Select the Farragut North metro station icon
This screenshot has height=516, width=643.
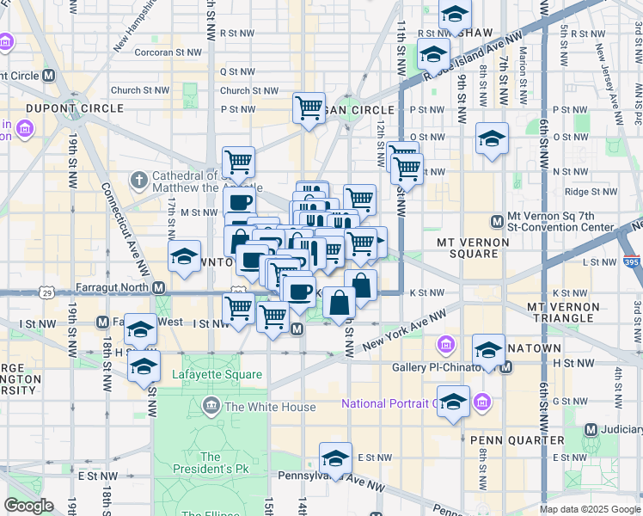(158, 287)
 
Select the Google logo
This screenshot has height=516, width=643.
(28, 505)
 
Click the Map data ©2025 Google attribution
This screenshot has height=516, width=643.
(590, 509)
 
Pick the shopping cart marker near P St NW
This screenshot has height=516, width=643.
(309, 108)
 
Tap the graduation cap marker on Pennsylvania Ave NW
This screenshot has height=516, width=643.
(335, 458)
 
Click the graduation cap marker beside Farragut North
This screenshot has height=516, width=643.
(184, 257)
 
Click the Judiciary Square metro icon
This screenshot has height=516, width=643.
(591, 429)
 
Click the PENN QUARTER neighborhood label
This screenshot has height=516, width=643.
(504, 439)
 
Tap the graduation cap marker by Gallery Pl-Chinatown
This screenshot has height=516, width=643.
(488, 350)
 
